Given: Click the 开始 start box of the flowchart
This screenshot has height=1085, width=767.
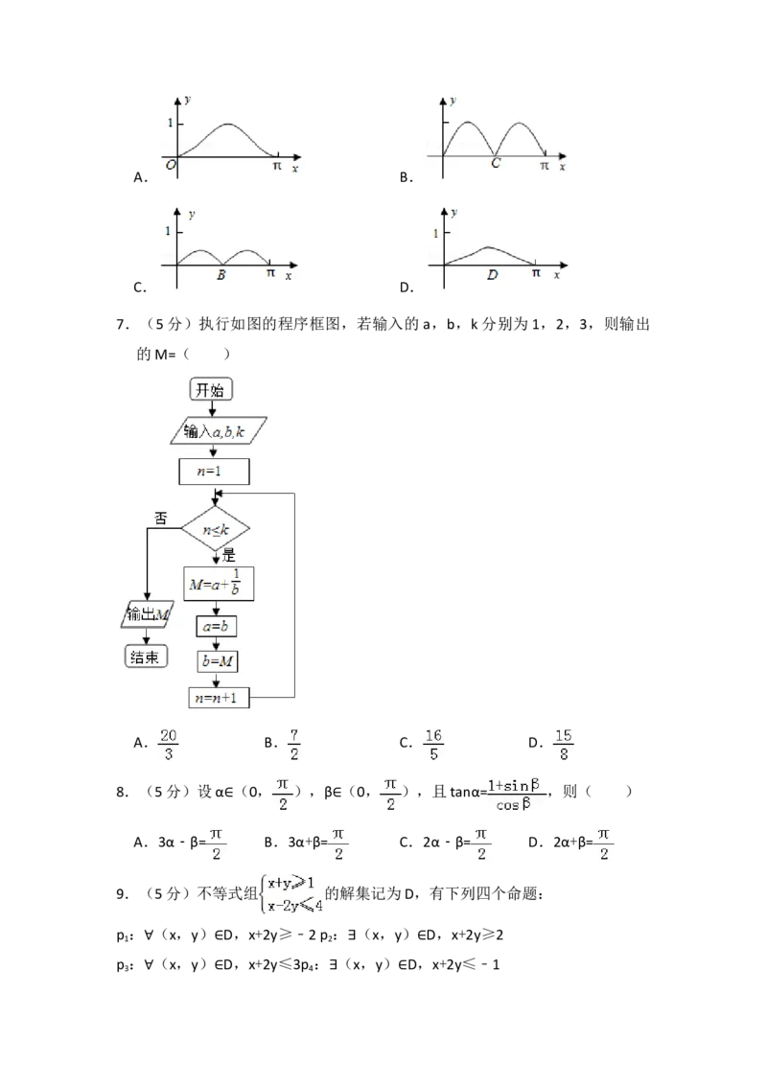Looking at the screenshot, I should tap(212, 389).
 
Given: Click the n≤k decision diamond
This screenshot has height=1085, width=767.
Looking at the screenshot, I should tap(215, 529).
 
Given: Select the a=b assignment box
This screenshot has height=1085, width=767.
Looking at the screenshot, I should tap(217, 626).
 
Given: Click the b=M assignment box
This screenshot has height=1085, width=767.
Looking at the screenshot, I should tap(218, 661).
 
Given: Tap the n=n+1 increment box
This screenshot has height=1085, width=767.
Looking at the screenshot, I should tap(220, 699).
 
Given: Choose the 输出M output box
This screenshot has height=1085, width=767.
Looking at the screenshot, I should tap(144, 614).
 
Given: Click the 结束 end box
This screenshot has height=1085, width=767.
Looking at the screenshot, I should tap(145, 657).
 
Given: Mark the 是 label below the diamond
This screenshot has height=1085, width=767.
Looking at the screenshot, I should tap(228, 555).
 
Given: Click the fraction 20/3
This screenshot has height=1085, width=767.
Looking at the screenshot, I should tap(169, 745).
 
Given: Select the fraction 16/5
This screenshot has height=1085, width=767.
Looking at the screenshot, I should tap(432, 745).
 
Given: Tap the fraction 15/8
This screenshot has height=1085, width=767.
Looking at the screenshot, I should tap(564, 745).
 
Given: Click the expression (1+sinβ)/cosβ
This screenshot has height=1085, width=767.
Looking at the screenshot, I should tap(518, 795).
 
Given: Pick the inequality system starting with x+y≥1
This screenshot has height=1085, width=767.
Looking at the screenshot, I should tap(292, 896).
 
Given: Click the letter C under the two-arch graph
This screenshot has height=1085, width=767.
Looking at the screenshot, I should tap(495, 164).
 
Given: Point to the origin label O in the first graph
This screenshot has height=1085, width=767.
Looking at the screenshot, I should tap(170, 166).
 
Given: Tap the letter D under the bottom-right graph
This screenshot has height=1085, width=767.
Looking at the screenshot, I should tap(492, 275).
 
